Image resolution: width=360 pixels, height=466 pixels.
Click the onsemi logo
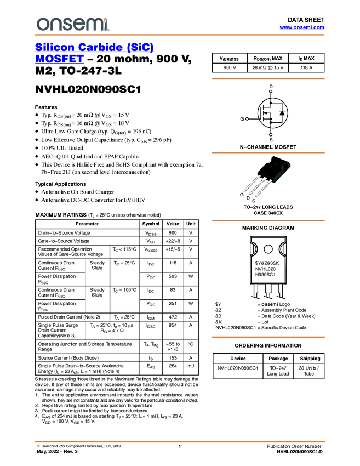click(72, 24)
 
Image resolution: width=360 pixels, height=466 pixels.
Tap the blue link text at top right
click(301, 28)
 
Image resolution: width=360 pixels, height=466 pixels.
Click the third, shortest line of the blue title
click(59, 62)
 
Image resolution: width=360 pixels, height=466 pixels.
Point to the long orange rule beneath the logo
click(180, 35)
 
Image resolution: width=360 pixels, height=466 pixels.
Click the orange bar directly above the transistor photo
click(268, 152)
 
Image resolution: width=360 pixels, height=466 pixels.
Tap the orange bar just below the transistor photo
click(268, 221)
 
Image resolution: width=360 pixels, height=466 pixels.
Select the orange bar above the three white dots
click(268, 79)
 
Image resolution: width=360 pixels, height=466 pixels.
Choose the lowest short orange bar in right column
click(268, 337)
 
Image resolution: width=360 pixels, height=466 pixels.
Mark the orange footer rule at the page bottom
click(180, 441)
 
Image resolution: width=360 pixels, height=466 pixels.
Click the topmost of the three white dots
click(271, 91)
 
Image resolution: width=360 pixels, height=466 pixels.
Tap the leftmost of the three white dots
click(247, 118)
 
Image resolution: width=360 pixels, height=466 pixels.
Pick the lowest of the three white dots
click(270, 134)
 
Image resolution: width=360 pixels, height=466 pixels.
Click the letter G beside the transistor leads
click(242, 195)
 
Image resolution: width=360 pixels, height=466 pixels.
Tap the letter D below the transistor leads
click(248, 198)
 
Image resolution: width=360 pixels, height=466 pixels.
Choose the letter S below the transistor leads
click(254, 200)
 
